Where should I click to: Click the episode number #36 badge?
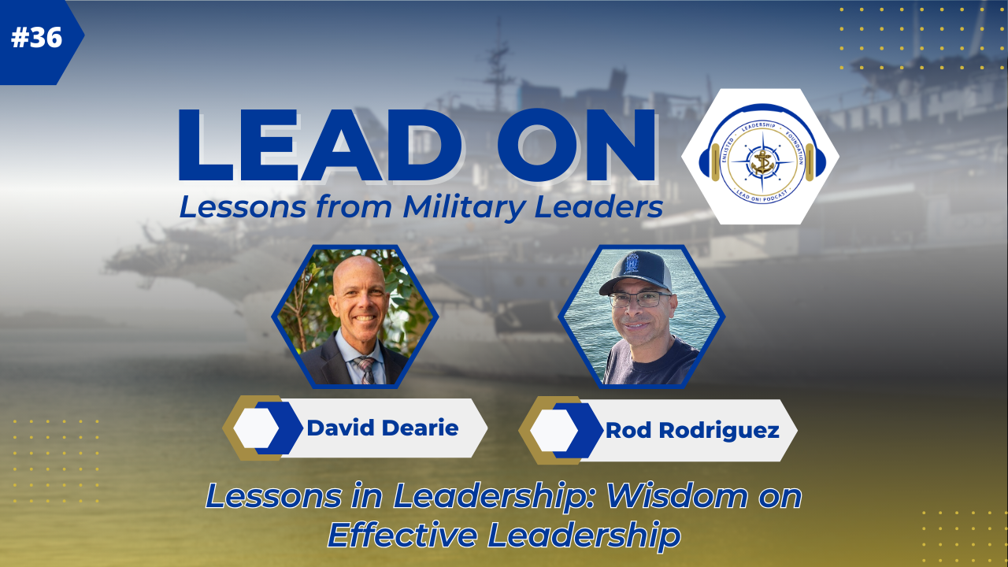37,39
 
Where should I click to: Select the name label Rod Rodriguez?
692,431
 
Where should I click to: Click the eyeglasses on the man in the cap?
639,300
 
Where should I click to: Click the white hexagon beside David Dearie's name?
257,428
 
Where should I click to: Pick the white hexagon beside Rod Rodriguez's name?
553,431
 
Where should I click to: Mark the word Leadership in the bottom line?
584,535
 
